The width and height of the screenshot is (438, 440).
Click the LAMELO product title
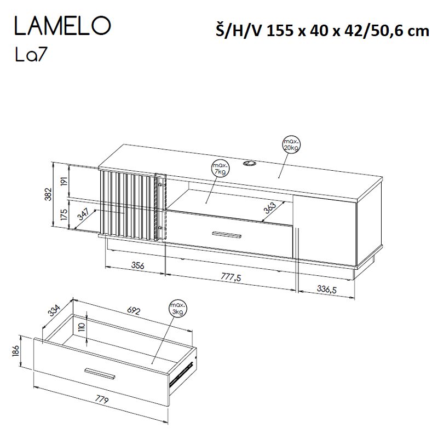coord(62,26)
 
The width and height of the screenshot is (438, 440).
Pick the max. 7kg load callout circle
coord(220,169)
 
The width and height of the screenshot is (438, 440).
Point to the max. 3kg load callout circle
coord(177,310)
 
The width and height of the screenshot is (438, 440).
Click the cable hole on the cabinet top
coord(251,163)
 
